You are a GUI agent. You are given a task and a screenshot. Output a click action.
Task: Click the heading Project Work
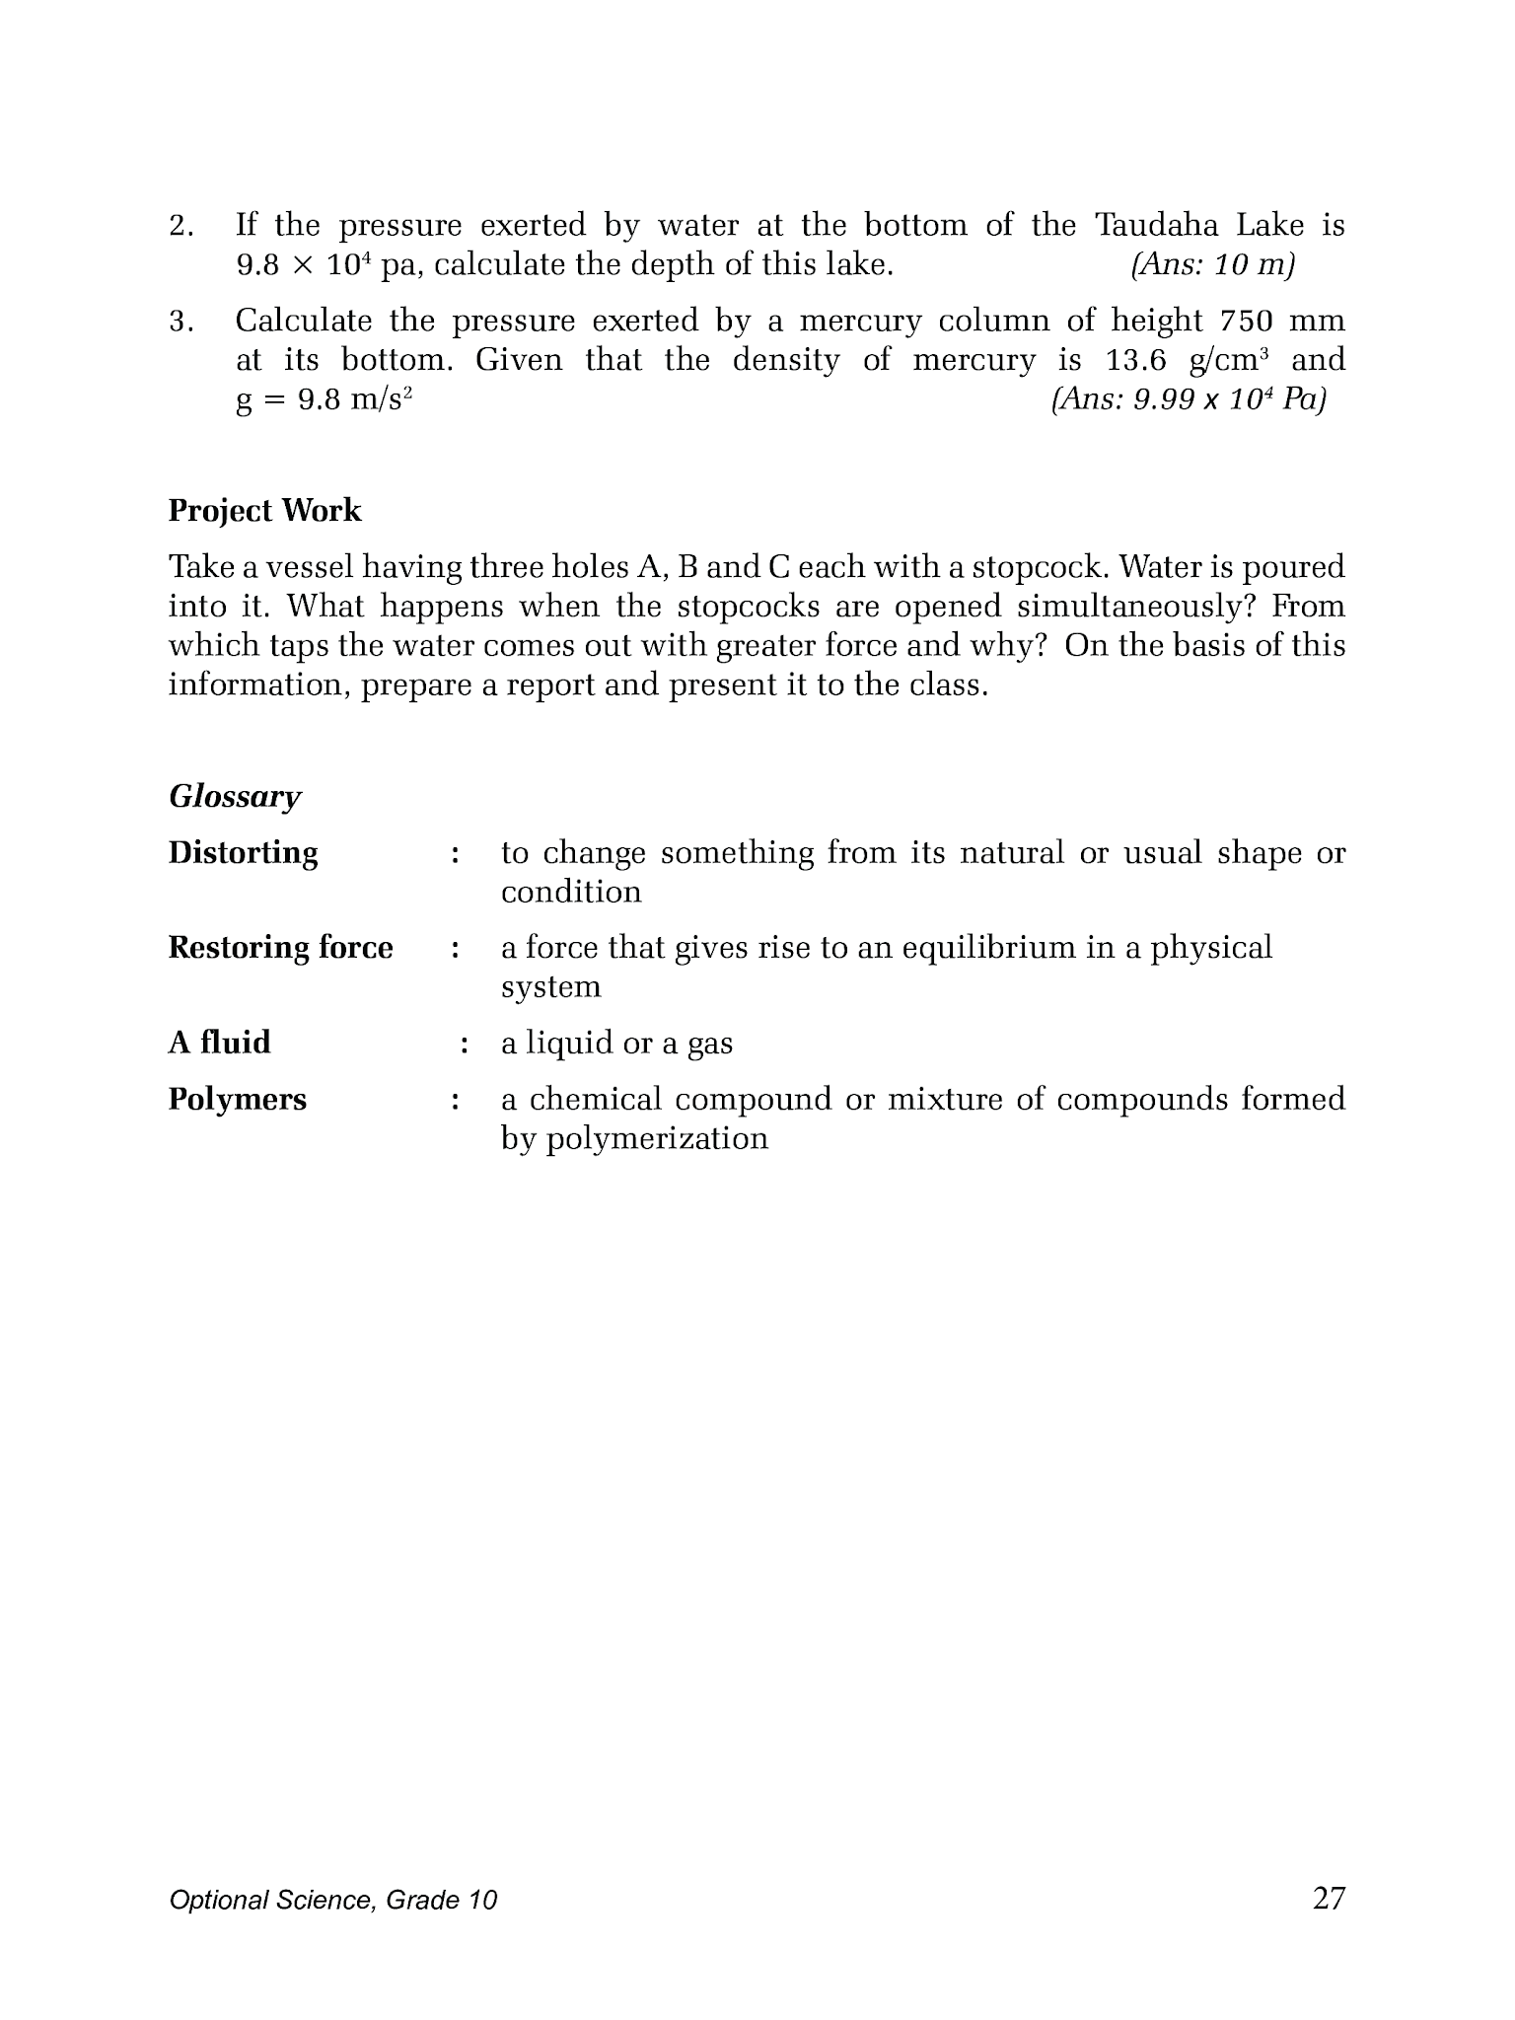point(264,511)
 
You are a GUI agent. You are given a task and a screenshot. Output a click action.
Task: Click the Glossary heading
point(235,796)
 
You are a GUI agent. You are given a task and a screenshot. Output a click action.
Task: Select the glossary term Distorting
point(243,853)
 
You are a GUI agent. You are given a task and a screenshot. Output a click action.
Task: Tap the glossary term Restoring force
point(280,948)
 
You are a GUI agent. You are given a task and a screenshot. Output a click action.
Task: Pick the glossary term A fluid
point(219,1043)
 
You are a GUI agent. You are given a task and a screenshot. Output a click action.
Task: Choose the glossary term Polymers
point(237,1100)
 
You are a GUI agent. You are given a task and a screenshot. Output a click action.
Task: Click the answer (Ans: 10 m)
point(1212,265)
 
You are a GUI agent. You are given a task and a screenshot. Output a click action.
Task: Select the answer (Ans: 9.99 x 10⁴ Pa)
point(1189,400)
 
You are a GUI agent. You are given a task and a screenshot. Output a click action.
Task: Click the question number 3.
point(180,322)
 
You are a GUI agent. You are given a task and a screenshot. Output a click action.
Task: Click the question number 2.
point(180,227)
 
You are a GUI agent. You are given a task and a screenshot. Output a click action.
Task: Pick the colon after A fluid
point(463,1044)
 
